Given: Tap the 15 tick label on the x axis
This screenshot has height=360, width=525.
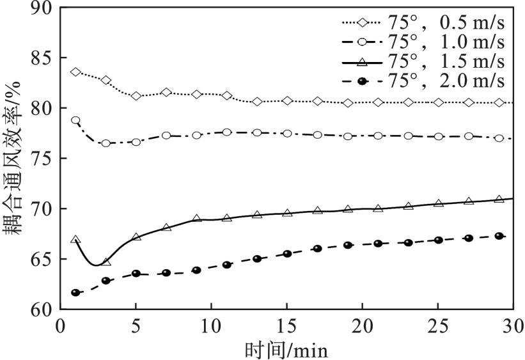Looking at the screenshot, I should click(x=286, y=326).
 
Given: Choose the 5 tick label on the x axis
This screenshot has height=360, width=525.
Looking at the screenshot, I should click(x=136, y=326).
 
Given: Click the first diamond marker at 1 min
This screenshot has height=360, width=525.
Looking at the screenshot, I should click(x=75, y=72).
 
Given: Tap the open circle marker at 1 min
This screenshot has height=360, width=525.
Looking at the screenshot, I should click(x=75, y=120).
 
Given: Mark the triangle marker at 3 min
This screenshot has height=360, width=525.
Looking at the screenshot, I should click(x=106, y=262).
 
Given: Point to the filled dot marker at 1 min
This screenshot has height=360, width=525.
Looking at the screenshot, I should click(x=75, y=293).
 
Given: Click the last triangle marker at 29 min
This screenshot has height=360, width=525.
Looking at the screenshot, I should click(x=499, y=200).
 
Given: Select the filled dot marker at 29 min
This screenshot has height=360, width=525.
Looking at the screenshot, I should click(x=499, y=236).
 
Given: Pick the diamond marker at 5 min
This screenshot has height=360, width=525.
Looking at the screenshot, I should click(x=136, y=96).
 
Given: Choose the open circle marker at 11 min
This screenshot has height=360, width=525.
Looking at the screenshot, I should click(x=226, y=132).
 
